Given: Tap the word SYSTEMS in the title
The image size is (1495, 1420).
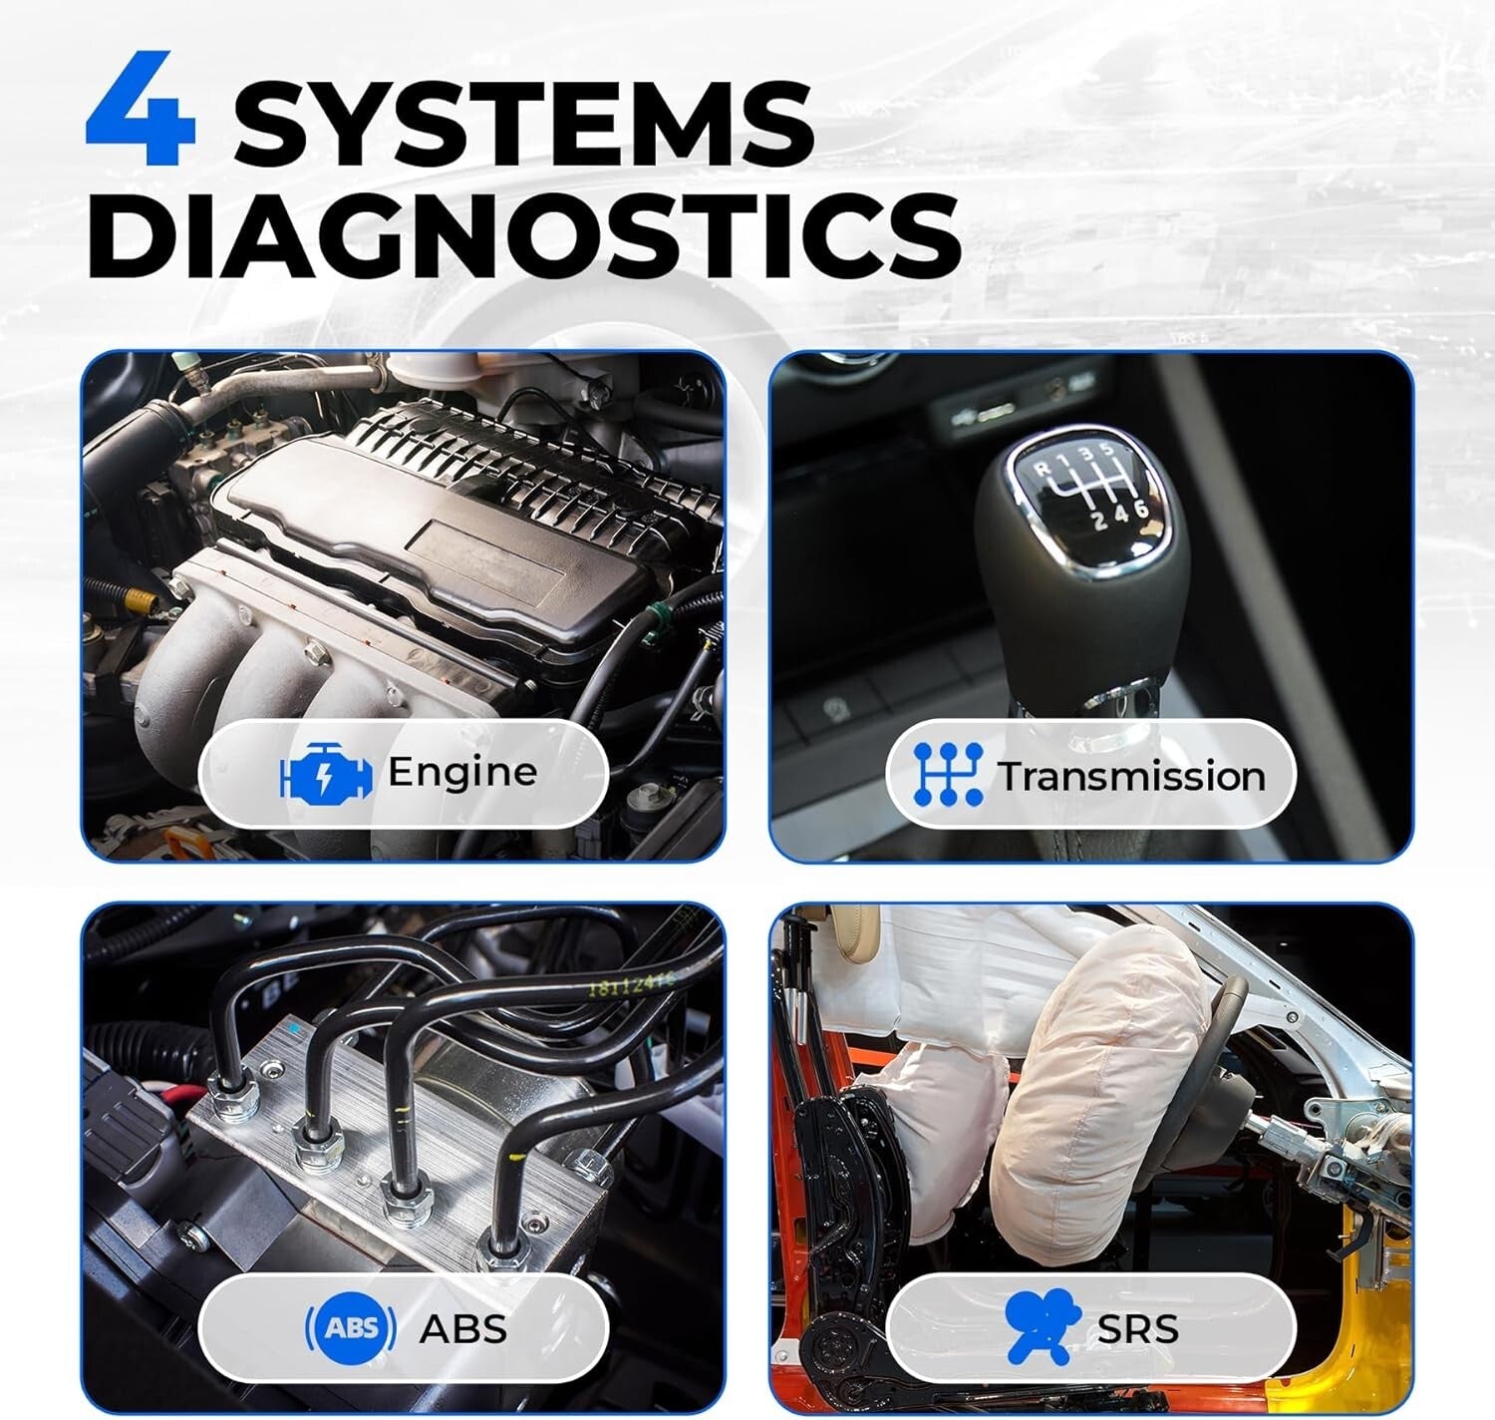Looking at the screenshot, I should (x=522, y=124).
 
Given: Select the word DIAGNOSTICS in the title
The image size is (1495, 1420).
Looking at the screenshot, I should (x=523, y=236).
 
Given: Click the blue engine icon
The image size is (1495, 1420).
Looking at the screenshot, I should (x=327, y=774).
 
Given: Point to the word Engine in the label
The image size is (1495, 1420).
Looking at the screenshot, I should (x=461, y=772).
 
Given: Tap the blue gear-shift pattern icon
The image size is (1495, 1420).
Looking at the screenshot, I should (x=948, y=774).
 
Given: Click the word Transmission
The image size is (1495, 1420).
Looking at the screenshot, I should (x=1131, y=776).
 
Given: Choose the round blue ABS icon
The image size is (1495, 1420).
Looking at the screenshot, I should (x=350, y=1327).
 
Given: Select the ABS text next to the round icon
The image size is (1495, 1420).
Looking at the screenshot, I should (x=462, y=1328).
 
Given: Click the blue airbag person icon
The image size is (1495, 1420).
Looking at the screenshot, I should (x=1042, y=1326).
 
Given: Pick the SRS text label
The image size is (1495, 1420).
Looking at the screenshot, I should (x=1137, y=1328).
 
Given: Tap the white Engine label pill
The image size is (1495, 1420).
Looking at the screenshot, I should (x=403, y=773).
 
